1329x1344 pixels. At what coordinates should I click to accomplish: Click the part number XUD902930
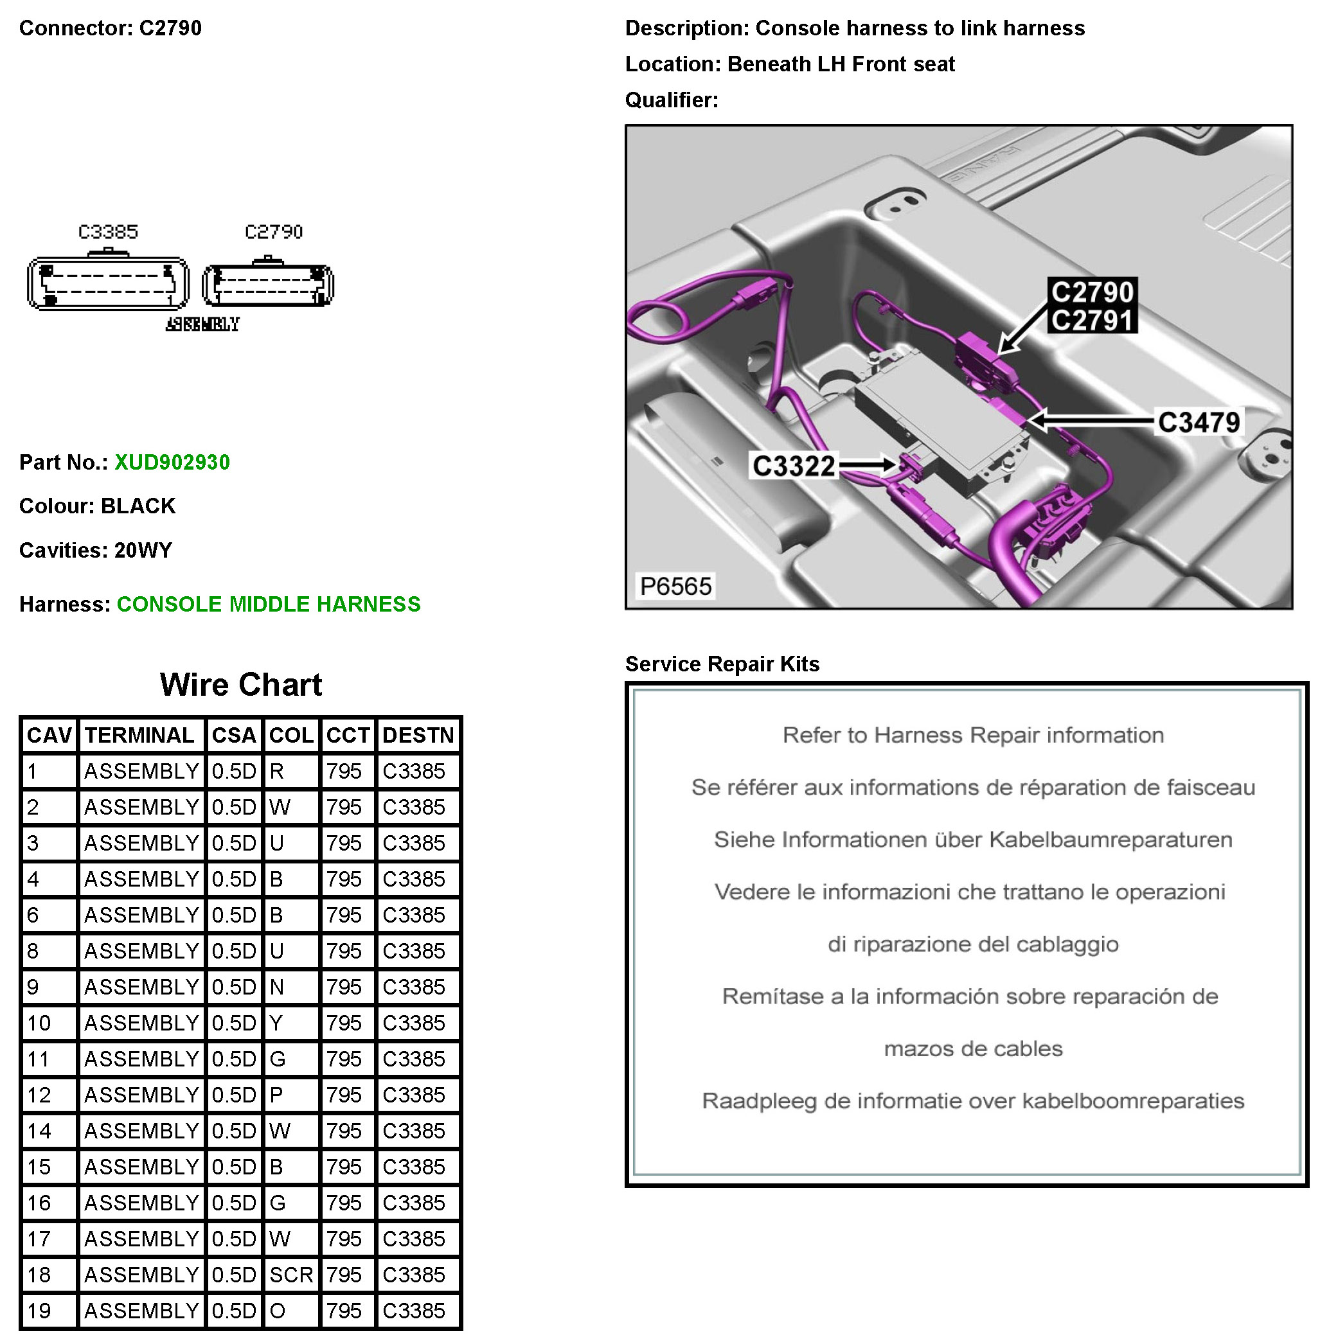pyautogui.click(x=172, y=463)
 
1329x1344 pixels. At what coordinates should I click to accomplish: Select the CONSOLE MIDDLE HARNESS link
pyautogui.click(x=269, y=605)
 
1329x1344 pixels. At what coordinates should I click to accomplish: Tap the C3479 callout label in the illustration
pyautogui.click(x=1198, y=422)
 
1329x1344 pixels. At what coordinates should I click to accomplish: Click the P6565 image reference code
pyautogui.click(x=675, y=587)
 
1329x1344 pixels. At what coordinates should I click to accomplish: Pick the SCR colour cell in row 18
pyautogui.click(x=291, y=1275)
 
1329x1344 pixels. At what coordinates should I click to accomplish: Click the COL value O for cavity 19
pyautogui.click(x=278, y=1311)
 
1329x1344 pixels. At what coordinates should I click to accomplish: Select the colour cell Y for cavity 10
pyautogui.click(x=276, y=1023)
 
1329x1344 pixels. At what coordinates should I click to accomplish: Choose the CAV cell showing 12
pyautogui.click(x=39, y=1095)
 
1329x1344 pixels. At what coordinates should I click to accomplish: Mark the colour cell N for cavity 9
pyautogui.click(x=277, y=986)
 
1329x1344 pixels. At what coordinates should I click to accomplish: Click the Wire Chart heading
pyautogui.click(x=241, y=684)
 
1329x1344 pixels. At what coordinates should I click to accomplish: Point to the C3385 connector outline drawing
pyautogui.click(x=108, y=283)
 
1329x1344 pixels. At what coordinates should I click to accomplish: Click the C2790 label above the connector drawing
pyautogui.click(x=274, y=232)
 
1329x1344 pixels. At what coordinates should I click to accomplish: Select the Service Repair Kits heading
pyautogui.click(x=722, y=664)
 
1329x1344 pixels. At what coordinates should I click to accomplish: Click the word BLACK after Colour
pyautogui.click(x=138, y=506)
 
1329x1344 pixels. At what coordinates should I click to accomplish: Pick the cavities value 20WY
pyautogui.click(x=143, y=551)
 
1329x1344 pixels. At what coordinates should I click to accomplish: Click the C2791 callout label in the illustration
pyautogui.click(x=1092, y=321)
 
